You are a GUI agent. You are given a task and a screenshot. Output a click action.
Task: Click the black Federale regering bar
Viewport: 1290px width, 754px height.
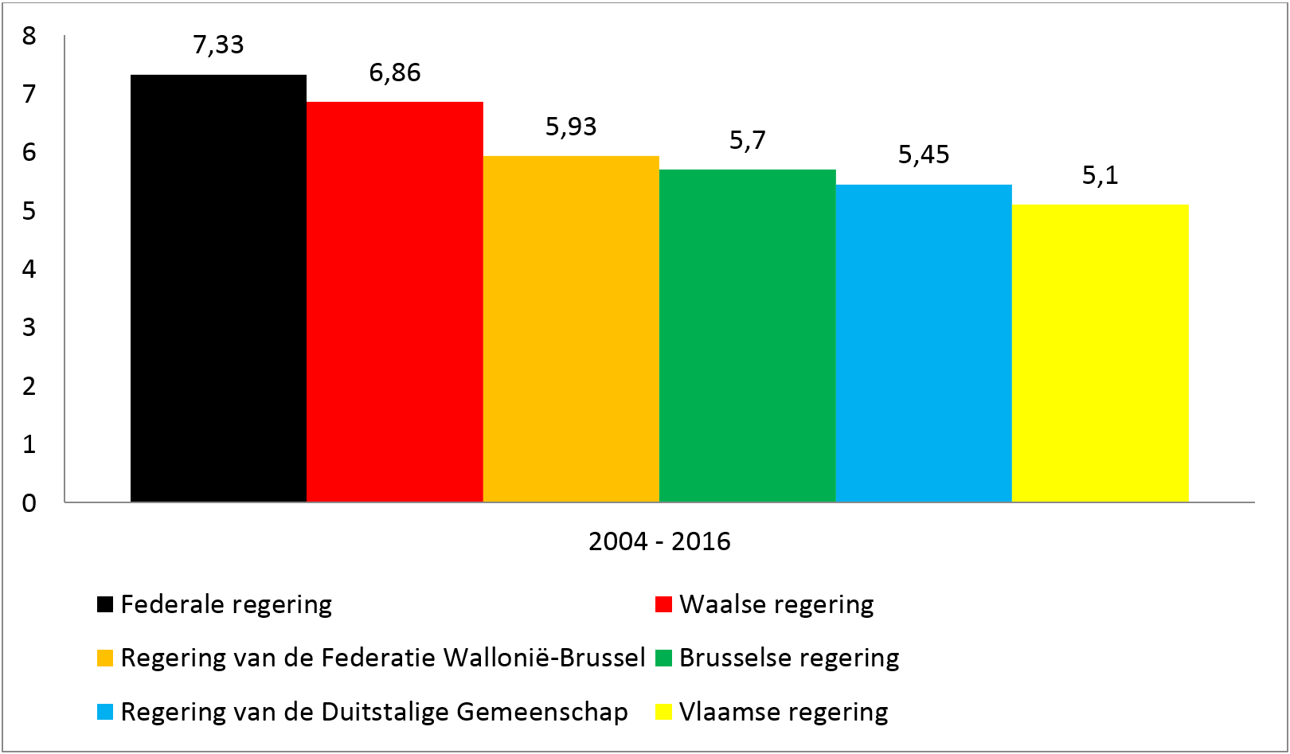218,288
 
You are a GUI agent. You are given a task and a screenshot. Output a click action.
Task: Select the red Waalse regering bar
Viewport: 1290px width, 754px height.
395,302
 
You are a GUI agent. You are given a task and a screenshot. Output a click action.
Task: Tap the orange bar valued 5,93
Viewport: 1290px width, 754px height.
571,329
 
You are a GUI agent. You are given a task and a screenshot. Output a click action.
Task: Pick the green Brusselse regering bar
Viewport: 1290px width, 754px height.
748,335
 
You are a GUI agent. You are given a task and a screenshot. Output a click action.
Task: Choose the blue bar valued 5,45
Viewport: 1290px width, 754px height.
924,343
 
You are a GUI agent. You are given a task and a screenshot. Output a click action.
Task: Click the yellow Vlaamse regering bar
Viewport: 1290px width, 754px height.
1100,353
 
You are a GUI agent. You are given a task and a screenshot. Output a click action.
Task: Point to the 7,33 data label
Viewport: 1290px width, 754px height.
218,45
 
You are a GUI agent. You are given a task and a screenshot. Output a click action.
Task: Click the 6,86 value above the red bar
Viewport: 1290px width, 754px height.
395,72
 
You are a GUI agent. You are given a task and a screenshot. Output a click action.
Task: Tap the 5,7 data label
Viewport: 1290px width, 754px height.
748,140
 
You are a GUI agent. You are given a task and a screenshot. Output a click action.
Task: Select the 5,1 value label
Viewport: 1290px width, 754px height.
1100,175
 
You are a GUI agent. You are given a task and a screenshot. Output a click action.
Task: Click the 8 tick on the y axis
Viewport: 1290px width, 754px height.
29,36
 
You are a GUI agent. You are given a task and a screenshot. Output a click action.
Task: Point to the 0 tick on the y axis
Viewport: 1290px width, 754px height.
29,502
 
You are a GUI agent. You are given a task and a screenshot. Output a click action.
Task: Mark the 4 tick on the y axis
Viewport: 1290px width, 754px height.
29,269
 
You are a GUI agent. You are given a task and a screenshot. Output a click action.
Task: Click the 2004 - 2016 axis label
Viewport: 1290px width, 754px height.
659,541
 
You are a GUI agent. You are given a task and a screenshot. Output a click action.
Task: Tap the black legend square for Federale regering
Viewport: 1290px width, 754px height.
105,604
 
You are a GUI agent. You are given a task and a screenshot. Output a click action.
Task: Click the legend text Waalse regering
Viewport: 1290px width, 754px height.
776,604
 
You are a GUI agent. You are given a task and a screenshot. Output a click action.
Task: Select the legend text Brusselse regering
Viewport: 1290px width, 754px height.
789,658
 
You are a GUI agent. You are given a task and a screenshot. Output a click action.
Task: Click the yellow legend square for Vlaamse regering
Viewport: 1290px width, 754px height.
663,712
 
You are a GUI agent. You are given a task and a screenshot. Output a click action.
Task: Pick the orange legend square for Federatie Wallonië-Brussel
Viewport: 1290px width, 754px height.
105,658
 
